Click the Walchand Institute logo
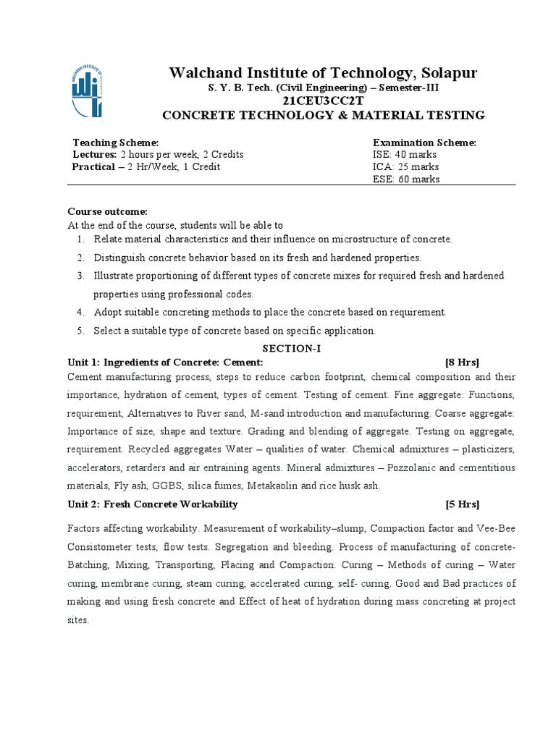[87, 90]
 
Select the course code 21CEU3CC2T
[323, 101]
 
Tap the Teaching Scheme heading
[115, 143]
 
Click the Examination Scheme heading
[424, 143]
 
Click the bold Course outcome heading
[107, 212]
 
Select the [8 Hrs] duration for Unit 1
[462, 363]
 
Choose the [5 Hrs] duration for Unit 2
[462, 504]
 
